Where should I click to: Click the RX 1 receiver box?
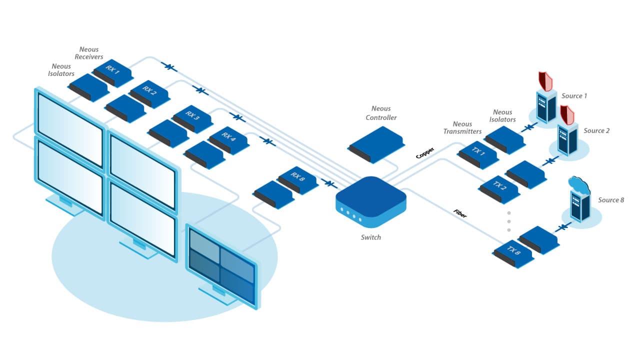pyautogui.click(x=113, y=72)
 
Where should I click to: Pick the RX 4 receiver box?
pyautogui.click(x=229, y=140)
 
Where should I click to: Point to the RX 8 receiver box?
pyautogui.click(x=298, y=180)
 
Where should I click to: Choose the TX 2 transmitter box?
pyautogui.click(x=500, y=189)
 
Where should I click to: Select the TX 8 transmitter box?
pyautogui.click(x=514, y=254)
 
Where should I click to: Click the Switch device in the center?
pyautogui.click(x=371, y=201)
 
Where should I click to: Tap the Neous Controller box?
pyautogui.click(x=376, y=145)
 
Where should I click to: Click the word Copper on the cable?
pyautogui.click(x=425, y=153)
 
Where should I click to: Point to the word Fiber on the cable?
pyautogui.click(x=460, y=213)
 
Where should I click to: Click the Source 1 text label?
pyautogui.click(x=574, y=95)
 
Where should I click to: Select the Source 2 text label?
pyautogui.click(x=596, y=130)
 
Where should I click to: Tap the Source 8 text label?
pyautogui.click(x=611, y=200)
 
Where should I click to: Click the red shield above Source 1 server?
pyautogui.click(x=545, y=81)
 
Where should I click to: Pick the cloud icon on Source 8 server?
pyautogui.click(x=579, y=185)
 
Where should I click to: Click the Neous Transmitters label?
pyautogui.click(x=462, y=127)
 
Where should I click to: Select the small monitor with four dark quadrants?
pyautogui.click(x=223, y=267)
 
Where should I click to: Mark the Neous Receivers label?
pyautogui.click(x=89, y=53)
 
